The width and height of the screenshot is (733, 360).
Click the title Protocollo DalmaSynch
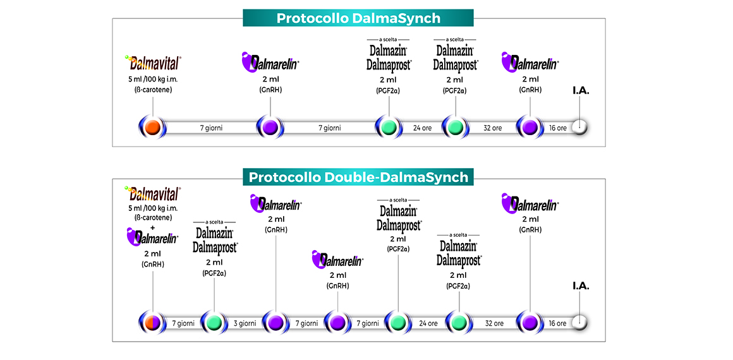click(358, 18)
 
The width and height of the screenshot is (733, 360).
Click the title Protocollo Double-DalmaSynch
click(358, 177)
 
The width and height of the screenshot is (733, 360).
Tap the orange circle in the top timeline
click(152, 128)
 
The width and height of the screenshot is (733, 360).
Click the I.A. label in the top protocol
click(581, 91)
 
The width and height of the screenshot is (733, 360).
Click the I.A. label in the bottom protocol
click(581, 285)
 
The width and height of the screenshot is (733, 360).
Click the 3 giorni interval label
click(245, 323)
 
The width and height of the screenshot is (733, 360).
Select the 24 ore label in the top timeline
click(422, 128)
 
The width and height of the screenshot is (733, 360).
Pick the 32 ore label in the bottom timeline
click(494, 323)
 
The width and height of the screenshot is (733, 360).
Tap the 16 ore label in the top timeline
click(557, 128)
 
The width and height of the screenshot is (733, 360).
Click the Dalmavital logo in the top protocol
click(154, 63)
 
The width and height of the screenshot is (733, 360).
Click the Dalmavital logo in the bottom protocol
click(153, 193)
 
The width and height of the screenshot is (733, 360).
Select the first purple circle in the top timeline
click(270, 128)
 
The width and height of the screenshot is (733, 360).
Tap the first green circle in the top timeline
click(389, 128)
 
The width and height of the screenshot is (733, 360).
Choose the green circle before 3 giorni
click(214, 323)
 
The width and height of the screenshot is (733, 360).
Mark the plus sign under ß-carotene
click(152, 227)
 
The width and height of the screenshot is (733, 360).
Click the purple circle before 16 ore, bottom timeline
click(530, 323)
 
